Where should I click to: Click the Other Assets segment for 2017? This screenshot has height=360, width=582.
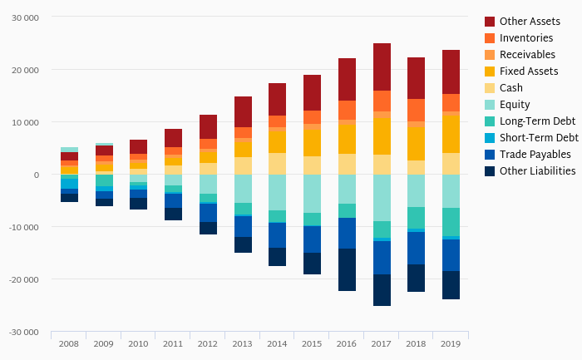[x=382, y=67]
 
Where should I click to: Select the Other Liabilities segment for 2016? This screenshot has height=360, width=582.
[x=347, y=269]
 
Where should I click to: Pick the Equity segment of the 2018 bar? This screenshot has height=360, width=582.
[x=417, y=190]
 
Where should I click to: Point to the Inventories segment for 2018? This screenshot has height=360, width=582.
[x=417, y=111]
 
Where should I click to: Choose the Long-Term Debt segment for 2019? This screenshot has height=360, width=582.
[x=451, y=222]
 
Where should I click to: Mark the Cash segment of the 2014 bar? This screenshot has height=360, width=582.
[x=278, y=164]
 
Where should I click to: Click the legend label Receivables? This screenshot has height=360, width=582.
[x=527, y=54]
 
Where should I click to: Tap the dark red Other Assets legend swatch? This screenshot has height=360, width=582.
[x=490, y=21]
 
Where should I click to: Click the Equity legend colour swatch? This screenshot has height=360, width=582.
[x=490, y=104]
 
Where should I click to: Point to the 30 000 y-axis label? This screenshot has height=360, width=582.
[x=25, y=17]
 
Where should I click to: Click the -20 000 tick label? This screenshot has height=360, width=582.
[x=24, y=279]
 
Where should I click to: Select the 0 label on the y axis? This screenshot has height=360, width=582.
[x=36, y=175]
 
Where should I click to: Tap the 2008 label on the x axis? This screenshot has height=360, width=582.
[x=69, y=343]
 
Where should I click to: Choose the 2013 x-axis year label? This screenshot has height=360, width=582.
[x=243, y=343]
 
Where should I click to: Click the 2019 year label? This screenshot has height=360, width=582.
[x=451, y=343]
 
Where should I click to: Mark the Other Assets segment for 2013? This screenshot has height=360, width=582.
[x=243, y=111]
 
